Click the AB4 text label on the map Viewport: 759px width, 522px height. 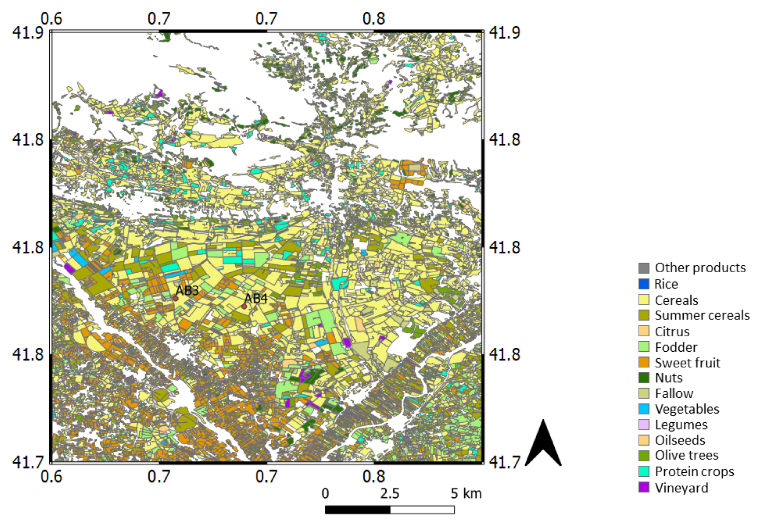click(x=256, y=298)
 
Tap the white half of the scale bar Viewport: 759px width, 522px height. click(x=422, y=510)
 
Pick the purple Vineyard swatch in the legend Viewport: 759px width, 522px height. click(x=644, y=487)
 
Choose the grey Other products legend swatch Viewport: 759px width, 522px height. click(x=644, y=268)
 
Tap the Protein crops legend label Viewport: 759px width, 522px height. click(x=694, y=472)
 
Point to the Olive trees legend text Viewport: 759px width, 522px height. click(x=686, y=455)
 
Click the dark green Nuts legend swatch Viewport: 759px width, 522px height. click(x=644, y=378)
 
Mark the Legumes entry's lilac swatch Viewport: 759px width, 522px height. click(x=644, y=425)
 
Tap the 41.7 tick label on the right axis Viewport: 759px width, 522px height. click(x=504, y=462)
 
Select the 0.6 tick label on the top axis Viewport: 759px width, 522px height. click(x=51, y=19)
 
